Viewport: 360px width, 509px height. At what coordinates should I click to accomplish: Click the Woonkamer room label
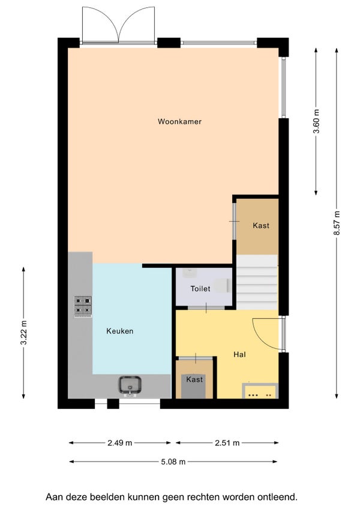(179, 122)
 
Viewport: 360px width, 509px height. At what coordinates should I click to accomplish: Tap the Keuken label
(120, 331)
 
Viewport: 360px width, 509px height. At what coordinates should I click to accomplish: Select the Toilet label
(200, 289)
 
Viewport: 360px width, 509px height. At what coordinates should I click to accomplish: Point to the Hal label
(239, 355)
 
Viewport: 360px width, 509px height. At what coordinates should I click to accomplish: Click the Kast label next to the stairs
(261, 225)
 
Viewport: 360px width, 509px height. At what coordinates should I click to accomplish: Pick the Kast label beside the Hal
(194, 379)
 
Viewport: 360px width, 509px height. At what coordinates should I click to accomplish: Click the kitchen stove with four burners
(83, 306)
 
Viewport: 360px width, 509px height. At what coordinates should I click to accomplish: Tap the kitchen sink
(130, 385)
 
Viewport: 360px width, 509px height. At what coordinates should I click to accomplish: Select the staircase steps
(257, 282)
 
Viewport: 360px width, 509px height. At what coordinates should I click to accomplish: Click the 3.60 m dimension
(316, 121)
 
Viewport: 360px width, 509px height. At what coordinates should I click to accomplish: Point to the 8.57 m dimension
(337, 223)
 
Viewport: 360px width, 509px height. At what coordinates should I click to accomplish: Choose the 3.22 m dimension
(23, 333)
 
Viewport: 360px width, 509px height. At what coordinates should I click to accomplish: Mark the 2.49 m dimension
(120, 443)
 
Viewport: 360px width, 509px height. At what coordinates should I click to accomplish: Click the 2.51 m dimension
(227, 443)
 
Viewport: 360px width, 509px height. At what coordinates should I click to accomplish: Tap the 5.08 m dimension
(173, 462)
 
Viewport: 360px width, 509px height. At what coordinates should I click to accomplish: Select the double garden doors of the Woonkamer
(118, 25)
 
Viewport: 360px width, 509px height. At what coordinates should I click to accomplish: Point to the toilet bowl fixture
(224, 285)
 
